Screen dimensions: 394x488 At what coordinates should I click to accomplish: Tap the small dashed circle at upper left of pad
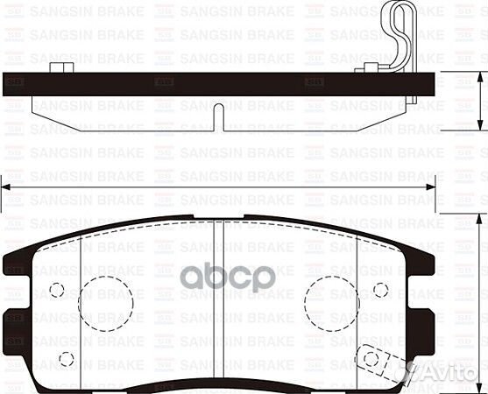[58, 290]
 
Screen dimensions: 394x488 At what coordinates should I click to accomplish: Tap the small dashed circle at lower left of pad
[66, 357]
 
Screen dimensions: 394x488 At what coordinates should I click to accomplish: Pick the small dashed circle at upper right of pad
[380, 290]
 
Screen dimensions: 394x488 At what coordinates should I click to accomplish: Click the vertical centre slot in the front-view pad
[218, 298]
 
